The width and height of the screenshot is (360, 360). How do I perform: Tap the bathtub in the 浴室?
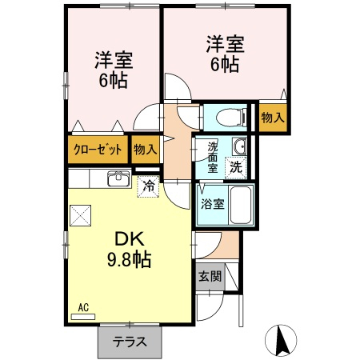tap(241, 205)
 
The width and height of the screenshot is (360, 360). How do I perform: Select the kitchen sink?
tap(119, 178)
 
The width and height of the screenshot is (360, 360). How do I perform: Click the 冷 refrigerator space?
tap(148, 187)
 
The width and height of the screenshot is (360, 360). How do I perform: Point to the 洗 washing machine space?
tap(236, 168)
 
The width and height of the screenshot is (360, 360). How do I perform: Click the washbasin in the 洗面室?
tap(239, 146)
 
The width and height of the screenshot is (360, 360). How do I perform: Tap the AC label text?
tap(83, 308)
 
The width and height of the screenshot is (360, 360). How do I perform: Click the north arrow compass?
tap(281, 340)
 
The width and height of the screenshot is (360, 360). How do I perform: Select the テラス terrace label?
tap(130, 342)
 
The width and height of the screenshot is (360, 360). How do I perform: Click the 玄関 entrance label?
tap(210, 276)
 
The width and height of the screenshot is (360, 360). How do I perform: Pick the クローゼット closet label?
tap(98, 150)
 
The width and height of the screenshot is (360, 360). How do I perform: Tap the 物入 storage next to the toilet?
tap(273, 118)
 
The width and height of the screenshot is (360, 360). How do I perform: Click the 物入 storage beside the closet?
tap(145, 150)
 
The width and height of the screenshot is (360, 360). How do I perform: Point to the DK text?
tap(130, 239)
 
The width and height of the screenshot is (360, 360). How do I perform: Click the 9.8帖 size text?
tap(130, 259)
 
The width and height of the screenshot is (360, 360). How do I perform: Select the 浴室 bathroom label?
tap(213, 205)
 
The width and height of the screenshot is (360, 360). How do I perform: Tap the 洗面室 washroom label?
tap(213, 158)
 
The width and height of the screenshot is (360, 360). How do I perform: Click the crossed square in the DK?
tap(80, 215)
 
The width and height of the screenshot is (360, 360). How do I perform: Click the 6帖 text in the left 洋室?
tap(113, 80)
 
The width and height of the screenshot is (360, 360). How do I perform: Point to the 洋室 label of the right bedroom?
tap(226, 44)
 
